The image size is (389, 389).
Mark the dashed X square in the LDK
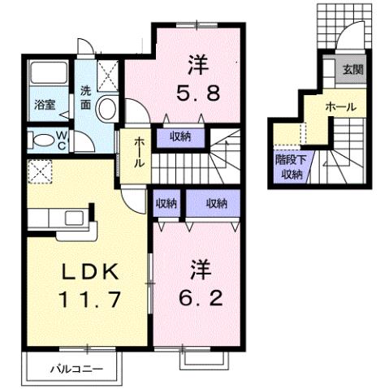point(37,171)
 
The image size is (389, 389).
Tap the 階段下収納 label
point(288,166)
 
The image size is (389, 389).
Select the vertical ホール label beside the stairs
point(138,152)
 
